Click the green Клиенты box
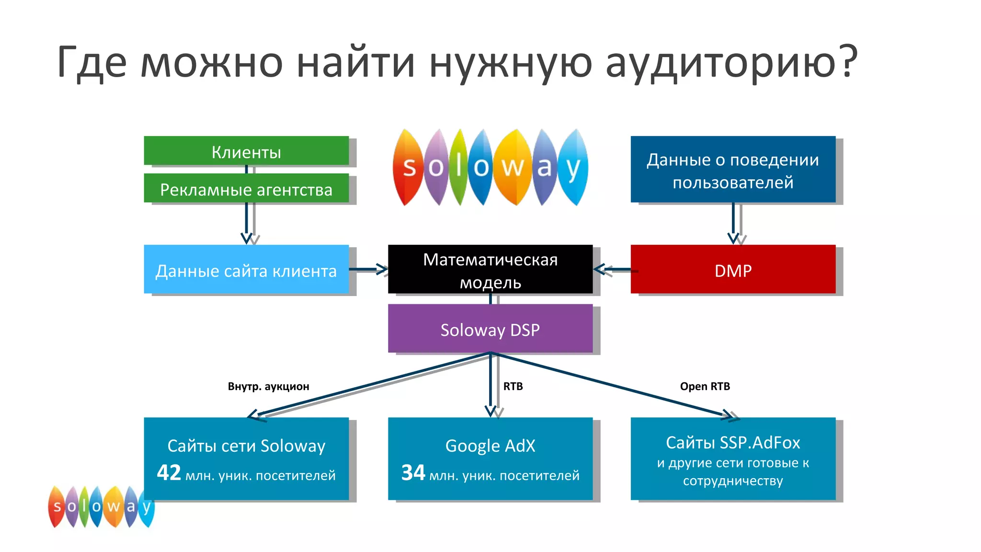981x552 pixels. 246,151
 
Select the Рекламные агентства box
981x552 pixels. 246,189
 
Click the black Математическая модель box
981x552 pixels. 490,270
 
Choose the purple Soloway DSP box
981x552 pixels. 490,329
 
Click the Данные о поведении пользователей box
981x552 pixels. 733,170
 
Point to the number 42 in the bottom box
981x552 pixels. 169,473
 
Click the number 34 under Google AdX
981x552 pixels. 413,473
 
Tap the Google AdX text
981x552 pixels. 490,446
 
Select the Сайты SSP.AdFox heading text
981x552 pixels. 733,442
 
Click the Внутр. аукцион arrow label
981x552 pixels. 268,386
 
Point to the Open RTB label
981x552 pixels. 705,386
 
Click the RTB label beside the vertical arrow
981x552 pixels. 513,386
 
